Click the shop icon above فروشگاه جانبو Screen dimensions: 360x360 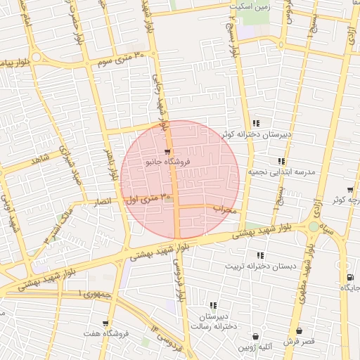tap(167, 151)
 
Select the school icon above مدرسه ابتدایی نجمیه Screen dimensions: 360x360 tap(282, 161)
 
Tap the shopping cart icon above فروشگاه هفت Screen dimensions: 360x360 tap(105, 323)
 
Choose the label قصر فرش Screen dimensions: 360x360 tap(300, 340)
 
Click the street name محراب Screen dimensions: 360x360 tap(231, 209)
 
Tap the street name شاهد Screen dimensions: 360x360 tap(40, 160)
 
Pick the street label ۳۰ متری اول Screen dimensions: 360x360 tap(147, 200)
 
